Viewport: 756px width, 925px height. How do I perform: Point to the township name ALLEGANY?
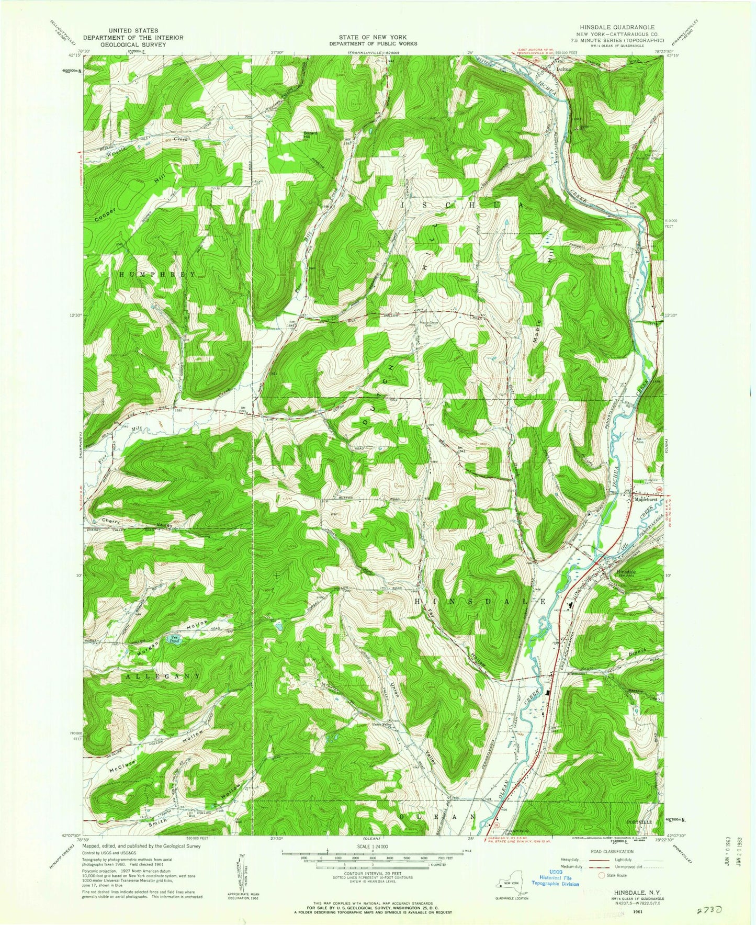pyautogui.click(x=163, y=676)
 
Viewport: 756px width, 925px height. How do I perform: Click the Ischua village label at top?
pyautogui.click(x=563, y=69)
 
